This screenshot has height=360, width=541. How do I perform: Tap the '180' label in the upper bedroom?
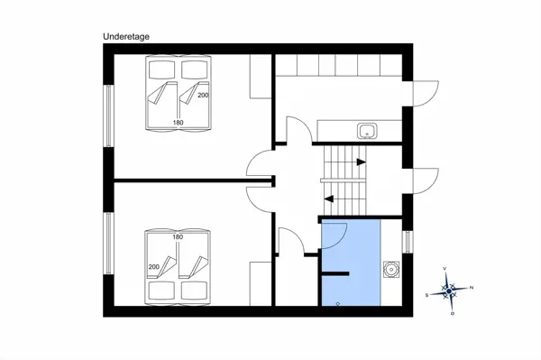pos(178,121)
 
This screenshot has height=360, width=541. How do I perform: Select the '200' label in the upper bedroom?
pos(203,95)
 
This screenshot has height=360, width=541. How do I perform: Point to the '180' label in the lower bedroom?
pos(178,236)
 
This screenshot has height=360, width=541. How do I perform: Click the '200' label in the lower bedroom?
pos(153,267)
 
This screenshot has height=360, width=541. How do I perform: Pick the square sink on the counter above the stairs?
pos(366,131)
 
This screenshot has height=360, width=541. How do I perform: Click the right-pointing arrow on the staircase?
pos(361,162)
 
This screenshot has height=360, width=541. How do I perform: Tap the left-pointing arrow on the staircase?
pos(329,197)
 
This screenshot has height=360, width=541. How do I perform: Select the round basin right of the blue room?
pos(391,269)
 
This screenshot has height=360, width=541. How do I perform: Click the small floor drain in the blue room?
pos(337,304)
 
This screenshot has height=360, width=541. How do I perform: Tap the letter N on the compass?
pos(472,288)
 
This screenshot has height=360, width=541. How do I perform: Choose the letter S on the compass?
pos(427,294)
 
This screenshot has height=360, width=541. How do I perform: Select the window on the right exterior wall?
pos(408,242)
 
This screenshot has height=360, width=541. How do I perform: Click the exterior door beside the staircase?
pos(424,180)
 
